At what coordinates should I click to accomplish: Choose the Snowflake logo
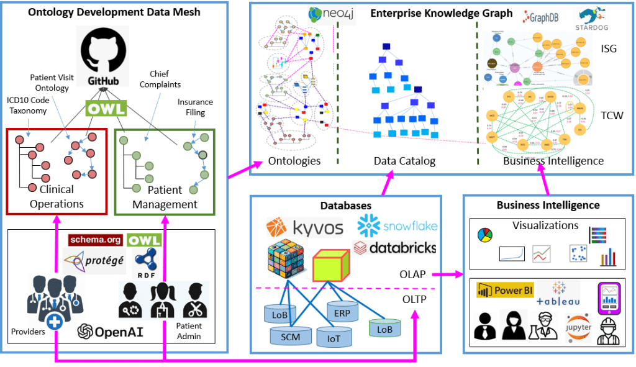(x=397, y=225)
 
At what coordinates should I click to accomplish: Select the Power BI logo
(x=504, y=290)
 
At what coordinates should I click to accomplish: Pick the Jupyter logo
(x=578, y=327)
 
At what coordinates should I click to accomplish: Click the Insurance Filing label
(x=195, y=107)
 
